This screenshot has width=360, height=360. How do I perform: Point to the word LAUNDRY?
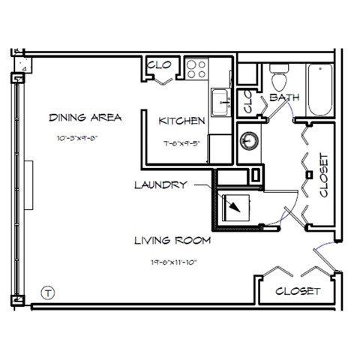click(160, 184)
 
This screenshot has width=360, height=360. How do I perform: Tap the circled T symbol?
click(47, 292)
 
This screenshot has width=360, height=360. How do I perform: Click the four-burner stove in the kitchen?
click(196, 70)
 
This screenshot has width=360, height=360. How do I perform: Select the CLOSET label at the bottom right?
click(298, 290)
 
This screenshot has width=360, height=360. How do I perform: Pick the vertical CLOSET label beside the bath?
click(324, 175)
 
